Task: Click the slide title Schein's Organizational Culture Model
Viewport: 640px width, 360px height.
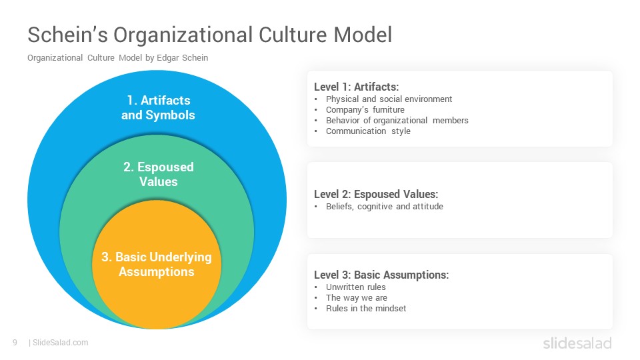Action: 210,35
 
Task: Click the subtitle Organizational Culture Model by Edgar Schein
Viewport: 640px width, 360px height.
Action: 117,58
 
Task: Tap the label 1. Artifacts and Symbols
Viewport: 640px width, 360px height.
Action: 159,108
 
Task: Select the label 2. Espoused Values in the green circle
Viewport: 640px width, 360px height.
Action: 159,174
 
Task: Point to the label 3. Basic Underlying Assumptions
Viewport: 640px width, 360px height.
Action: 157,265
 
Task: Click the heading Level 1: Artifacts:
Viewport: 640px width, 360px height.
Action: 356,87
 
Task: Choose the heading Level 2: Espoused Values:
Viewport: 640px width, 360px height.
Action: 376,194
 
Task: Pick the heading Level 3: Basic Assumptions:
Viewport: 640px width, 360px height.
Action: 381,275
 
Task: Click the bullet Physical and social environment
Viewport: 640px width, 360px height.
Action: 389,99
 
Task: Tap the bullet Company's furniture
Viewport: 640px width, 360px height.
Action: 365,110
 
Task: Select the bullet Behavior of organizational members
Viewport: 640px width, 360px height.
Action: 397,121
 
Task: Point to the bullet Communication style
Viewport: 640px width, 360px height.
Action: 368,131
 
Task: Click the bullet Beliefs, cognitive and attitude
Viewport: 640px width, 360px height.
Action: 385,207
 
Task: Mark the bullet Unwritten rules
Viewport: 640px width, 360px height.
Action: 356,287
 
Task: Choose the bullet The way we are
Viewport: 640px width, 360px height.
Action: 357,298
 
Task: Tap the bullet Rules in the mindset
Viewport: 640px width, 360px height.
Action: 366,309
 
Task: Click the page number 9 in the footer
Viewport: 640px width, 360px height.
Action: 15,343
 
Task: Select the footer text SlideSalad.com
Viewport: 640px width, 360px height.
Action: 61,343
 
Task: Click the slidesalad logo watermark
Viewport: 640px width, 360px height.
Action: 577,343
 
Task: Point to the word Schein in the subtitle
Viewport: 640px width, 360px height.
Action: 195,58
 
